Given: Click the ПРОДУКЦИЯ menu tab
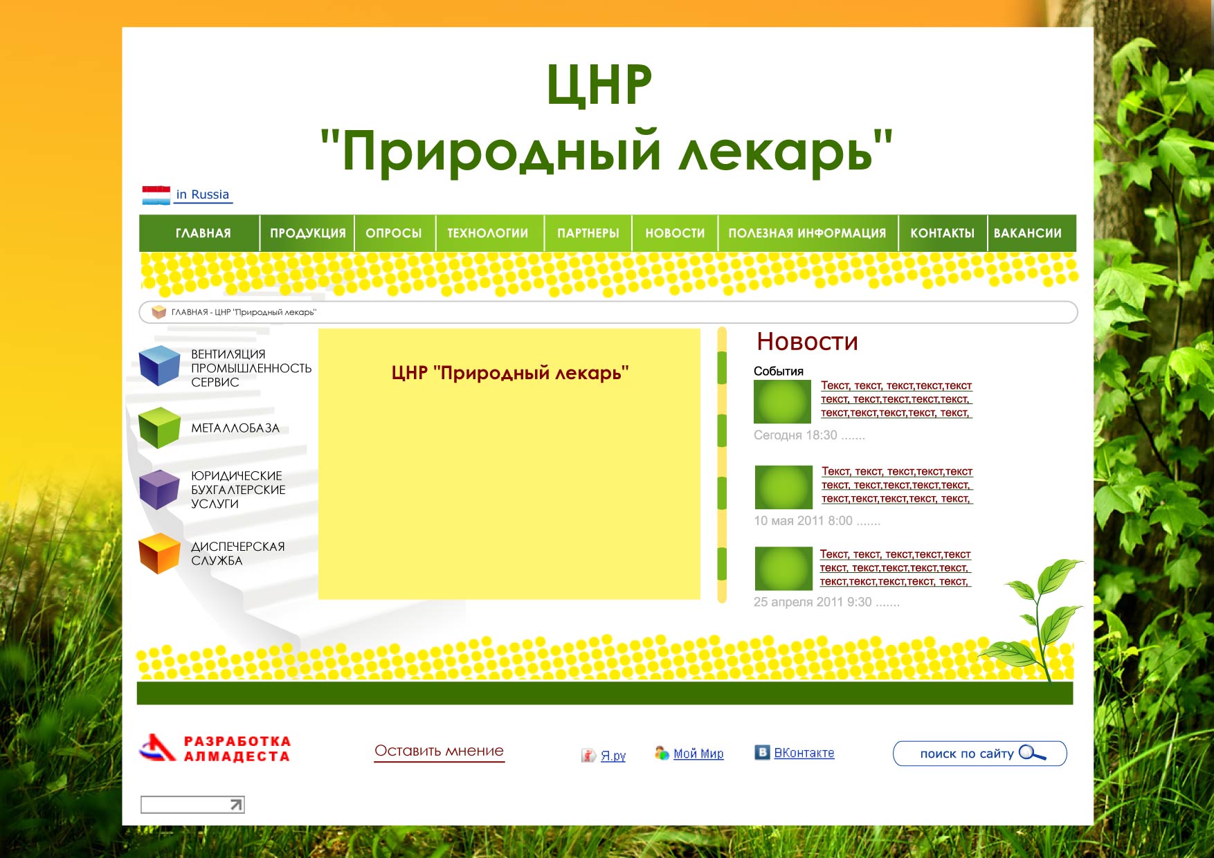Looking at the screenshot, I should pos(307,233).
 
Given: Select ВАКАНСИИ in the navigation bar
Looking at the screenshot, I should pos(1027,233).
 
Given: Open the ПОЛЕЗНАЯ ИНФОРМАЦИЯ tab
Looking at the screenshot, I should pos(807,233).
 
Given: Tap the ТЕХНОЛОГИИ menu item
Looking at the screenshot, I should pos(487,233).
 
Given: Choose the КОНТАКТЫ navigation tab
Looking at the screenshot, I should pos(942,233).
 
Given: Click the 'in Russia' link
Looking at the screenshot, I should pos(202,194).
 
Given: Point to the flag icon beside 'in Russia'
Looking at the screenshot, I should pos(156,195).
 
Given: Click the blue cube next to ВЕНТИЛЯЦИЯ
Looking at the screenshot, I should pos(159,365).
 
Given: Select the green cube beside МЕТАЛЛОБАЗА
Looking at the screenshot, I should pos(159,427).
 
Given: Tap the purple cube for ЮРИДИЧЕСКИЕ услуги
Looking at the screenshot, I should pos(159,489).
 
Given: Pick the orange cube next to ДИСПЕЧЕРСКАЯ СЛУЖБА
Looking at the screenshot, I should pos(159,553).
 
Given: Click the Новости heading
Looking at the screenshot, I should pos(807,342).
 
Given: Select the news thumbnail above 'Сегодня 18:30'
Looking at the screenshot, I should pos(782,401).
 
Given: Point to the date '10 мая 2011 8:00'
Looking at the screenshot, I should pos(803,521).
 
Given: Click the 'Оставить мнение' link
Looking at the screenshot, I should pos(439,751).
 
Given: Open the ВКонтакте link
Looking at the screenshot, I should pos(804,753).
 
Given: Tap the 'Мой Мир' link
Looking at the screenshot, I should pos(698,754).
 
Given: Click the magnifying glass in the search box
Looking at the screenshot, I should pos(1031,753).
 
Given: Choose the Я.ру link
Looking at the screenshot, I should pos(613,756).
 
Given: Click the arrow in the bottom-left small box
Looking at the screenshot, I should pos(236,804).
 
